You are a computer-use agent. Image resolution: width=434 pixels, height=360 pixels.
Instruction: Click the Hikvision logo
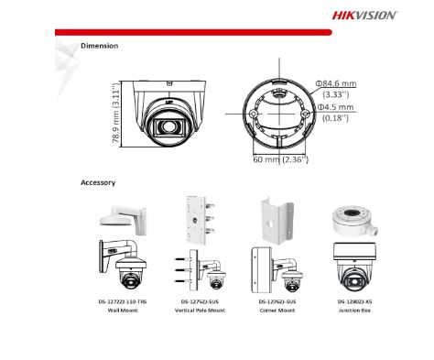coord(365,15)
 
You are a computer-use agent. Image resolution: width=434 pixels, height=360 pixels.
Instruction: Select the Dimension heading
coord(100,46)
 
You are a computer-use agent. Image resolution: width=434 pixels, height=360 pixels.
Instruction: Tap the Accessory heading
coord(98,182)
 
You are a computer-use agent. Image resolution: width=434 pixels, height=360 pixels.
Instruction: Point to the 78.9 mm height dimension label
coord(115,113)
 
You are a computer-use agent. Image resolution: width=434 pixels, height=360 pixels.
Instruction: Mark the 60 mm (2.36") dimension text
coord(280,159)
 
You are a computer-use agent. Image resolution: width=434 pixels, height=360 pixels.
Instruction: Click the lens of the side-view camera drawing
coord(168,126)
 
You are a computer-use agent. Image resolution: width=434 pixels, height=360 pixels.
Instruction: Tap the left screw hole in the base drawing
coord(254,114)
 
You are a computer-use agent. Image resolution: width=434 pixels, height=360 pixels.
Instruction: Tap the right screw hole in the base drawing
coord(305,114)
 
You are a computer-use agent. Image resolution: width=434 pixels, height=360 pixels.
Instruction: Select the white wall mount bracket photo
coord(124,220)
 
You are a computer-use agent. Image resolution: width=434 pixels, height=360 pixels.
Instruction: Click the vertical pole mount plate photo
coord(200,221)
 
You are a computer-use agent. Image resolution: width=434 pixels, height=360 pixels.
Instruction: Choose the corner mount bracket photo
coord(277,221)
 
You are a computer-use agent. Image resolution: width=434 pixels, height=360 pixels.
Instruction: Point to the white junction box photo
coord(355,221)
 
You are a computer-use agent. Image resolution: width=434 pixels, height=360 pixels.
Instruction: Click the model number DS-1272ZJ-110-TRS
coord(123,301)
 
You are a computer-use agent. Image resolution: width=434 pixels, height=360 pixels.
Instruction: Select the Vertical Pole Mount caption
coord(200,311)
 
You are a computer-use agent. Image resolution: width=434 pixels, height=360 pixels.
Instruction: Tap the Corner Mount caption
coord(277,311)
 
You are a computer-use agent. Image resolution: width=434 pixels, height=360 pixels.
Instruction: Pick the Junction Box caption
coord(354,311)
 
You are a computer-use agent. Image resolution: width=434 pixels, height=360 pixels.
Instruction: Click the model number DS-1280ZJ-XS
coord(354,301)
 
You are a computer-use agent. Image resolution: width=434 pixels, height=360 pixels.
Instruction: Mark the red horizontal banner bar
coord(193,32)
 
